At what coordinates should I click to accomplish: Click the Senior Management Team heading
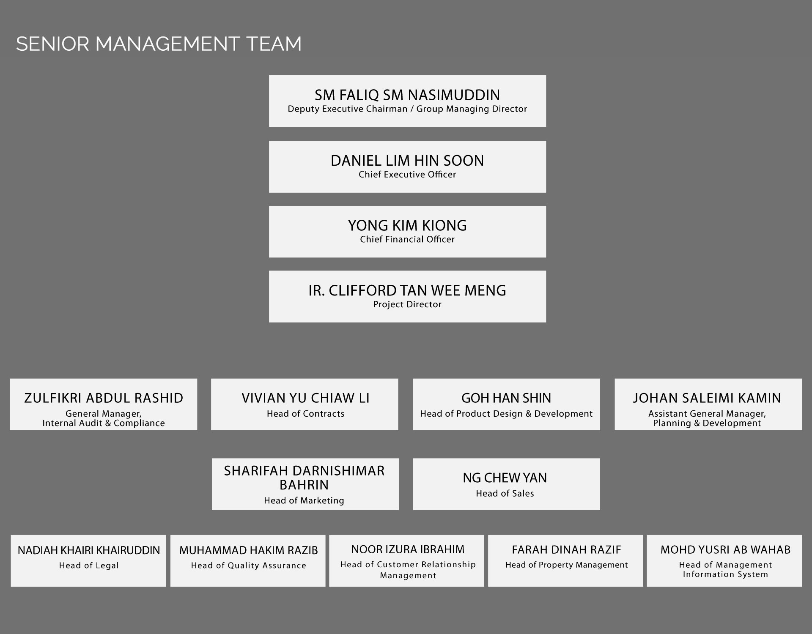[159, 44]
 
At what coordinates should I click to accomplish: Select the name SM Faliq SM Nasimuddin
[407, 95]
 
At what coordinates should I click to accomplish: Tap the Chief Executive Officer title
[407, 175]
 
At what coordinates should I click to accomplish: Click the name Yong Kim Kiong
[407, 226]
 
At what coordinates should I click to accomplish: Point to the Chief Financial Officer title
[407, 239]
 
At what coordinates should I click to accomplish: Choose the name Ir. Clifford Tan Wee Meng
[407, 291]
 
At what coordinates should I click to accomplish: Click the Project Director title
[407, 304]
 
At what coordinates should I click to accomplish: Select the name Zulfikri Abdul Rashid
[104, 398]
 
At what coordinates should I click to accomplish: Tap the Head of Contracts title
[305, 414]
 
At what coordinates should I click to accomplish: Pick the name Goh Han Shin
[506, 398]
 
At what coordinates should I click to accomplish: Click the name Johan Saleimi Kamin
[707, 398]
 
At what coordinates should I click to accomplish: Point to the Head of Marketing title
[304, 500]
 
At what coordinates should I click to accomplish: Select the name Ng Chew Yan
[505, 478]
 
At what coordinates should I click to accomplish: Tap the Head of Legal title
[89, 566]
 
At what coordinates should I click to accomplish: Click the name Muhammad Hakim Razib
[248, 550]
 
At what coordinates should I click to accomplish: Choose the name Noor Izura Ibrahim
[408, 549]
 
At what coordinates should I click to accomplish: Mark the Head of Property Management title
[567, 565]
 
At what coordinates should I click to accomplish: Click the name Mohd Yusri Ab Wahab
[725, 549]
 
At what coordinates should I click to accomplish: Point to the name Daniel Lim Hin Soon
[407, 161]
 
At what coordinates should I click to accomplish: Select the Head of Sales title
[505, 493]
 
